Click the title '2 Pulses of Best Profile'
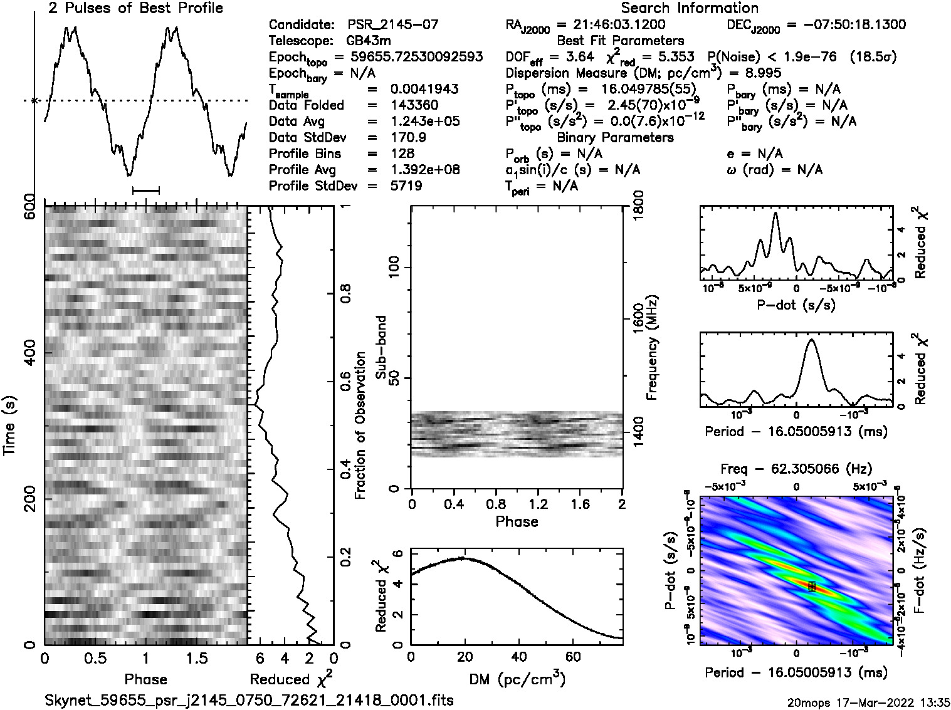click(x=135, y=8)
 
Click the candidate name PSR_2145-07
click(x=393, y=25)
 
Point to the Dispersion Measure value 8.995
click(x=760, y=73)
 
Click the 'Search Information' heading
click(x=690, y=8)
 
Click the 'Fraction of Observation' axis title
click(x=360, y=425)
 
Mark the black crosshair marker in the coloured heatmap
click(x=811, y=586)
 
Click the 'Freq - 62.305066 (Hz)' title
click(x=796, y=469)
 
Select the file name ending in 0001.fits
click(x=249, y=700)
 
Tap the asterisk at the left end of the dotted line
click(x=34, y=100)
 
